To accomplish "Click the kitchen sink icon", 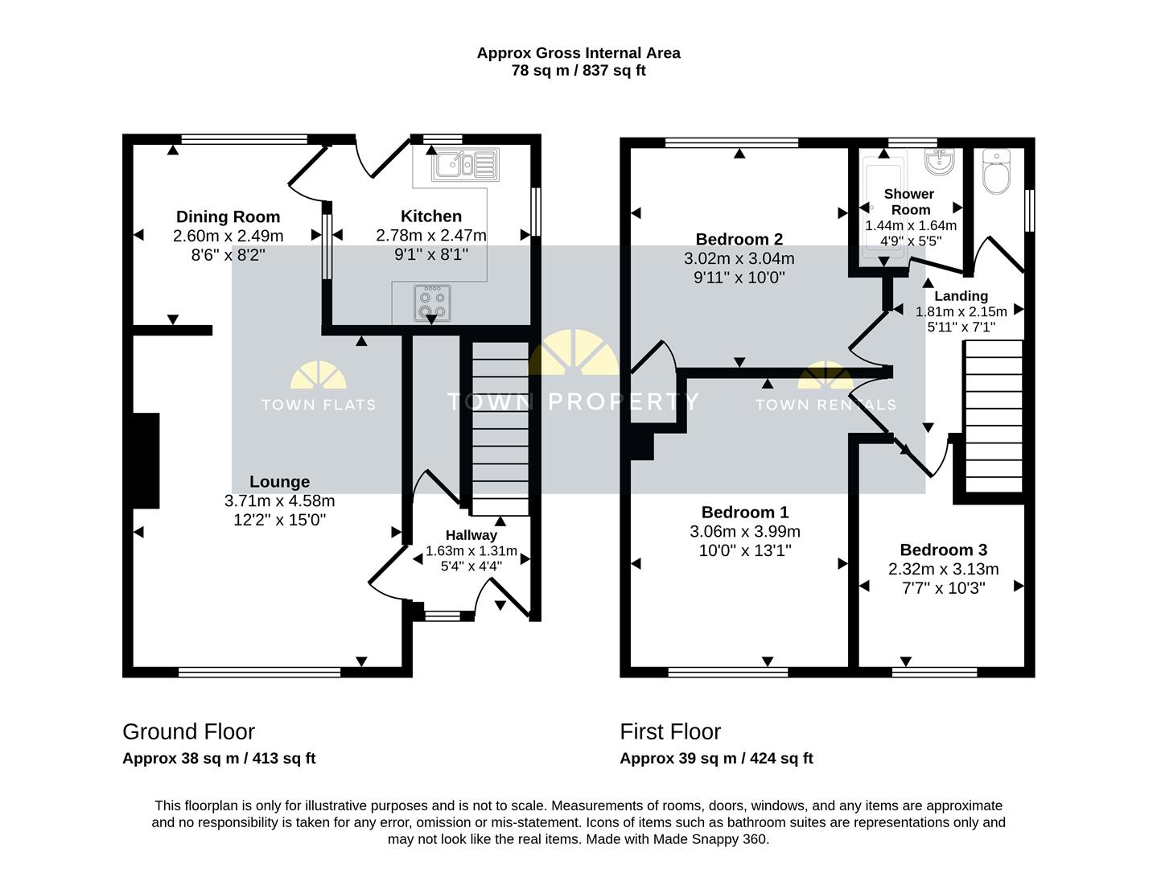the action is (465, 164).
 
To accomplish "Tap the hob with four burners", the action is (432, 303).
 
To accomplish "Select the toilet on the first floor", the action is (996, 171).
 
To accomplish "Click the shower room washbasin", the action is (939, 161).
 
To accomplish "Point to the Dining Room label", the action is (228, 216).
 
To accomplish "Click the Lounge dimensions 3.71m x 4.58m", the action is (279, 500).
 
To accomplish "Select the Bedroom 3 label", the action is (944, 550).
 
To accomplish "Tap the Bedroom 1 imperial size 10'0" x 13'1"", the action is (745, 550).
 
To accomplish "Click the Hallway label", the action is (471, 535).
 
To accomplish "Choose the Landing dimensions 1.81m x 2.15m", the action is (961, 311).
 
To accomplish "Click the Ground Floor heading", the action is (189, 731).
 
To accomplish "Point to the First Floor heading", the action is (670, 731).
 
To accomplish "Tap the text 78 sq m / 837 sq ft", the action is (578, 70).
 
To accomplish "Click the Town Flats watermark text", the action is (319, 405).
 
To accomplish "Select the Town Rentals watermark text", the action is (826, 405).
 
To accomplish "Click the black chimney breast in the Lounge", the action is (146, 460).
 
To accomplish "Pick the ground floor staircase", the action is (500, 428).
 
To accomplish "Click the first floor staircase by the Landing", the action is (994, 416).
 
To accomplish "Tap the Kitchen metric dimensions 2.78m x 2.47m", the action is (431, 235).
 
